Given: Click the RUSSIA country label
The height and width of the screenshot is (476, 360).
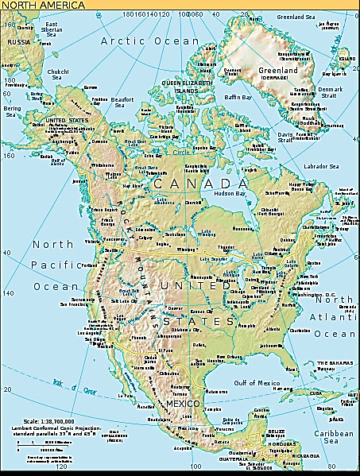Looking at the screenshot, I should tap(18, 41).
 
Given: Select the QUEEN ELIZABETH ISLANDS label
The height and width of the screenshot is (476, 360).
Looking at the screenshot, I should tap(184, 86).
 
